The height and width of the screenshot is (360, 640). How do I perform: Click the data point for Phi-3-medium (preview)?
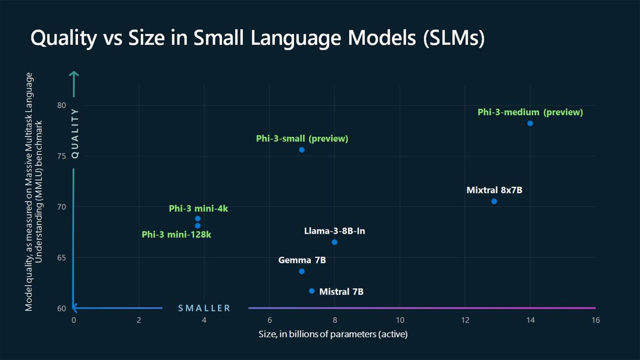[530, 123]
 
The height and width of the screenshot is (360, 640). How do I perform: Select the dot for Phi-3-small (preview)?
[302, 150]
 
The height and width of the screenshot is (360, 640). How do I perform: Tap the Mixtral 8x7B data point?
[494, 201]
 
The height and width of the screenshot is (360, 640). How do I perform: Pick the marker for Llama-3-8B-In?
[334, 242]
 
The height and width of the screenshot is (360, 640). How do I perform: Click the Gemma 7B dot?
[302, 271]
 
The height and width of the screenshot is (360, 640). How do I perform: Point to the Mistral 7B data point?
[312, 291]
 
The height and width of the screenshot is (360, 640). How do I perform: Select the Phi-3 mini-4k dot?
[198, 219]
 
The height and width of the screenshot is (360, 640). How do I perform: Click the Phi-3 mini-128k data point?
[198, 226]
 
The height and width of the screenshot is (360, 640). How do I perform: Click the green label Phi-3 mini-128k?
[177, 235]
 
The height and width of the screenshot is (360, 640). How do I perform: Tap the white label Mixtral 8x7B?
[494, 190]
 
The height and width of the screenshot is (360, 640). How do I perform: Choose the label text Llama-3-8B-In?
[334, 231]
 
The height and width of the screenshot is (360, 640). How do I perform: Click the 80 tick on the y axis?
[62, 105]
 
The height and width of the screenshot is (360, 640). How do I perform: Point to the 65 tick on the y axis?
[62, 258]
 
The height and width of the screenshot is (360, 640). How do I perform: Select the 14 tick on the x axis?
[530, 320]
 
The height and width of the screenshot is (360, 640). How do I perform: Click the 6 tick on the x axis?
[269, 320]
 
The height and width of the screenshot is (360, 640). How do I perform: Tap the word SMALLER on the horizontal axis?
[204, 308]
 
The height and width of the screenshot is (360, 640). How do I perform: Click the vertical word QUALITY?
[75, 133]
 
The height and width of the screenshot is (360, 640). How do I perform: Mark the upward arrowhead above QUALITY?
[74, 74]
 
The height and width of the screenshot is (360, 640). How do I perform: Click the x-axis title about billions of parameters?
[334, 334]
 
